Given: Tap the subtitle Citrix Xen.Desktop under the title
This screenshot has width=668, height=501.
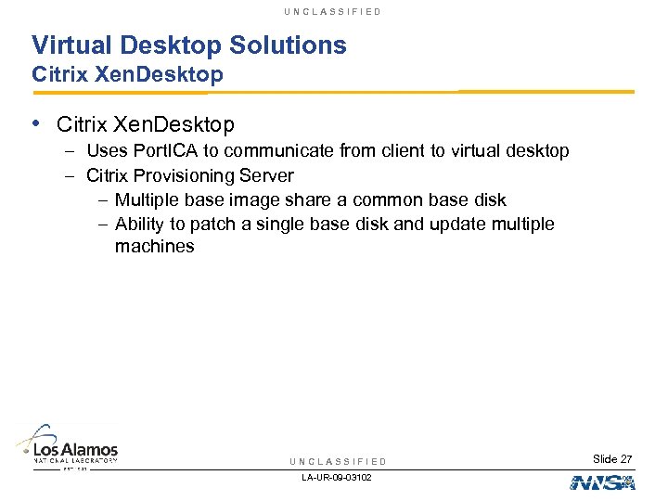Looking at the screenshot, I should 127,75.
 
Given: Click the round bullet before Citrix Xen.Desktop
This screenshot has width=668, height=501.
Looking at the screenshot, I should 36,122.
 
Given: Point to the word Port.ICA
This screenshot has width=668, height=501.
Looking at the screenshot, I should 165,151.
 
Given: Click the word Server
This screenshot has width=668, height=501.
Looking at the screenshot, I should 267,176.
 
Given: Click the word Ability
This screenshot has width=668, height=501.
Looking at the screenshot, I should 138,225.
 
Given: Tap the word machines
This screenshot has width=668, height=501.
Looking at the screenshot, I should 154,248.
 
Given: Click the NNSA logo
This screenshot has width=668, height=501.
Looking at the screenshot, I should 600,482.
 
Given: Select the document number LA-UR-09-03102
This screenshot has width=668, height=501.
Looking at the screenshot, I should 338,478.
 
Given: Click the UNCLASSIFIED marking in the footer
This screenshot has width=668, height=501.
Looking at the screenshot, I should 338,462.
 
